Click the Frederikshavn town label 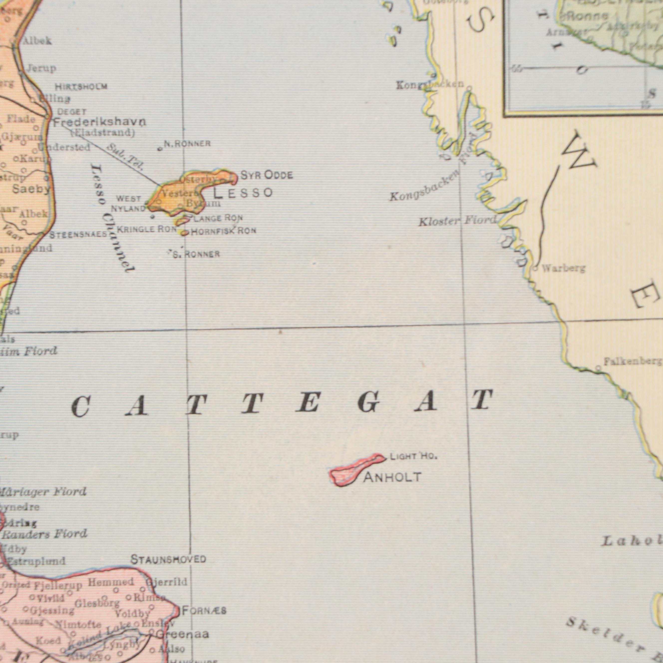(x=100, y=122)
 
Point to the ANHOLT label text (x=392, y=477)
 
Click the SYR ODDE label (x=267, y=175)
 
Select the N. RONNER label (x=187, y=144)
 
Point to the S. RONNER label (x=196, y=255)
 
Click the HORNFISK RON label (x=223, y=231)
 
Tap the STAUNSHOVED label (x=168, y=560)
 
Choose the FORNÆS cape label (x=204, y=611)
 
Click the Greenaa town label (x=182, y=634)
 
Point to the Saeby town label (x=31, y=189)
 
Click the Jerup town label (x=41, y=68)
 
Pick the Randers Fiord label (x=45, y=534)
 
